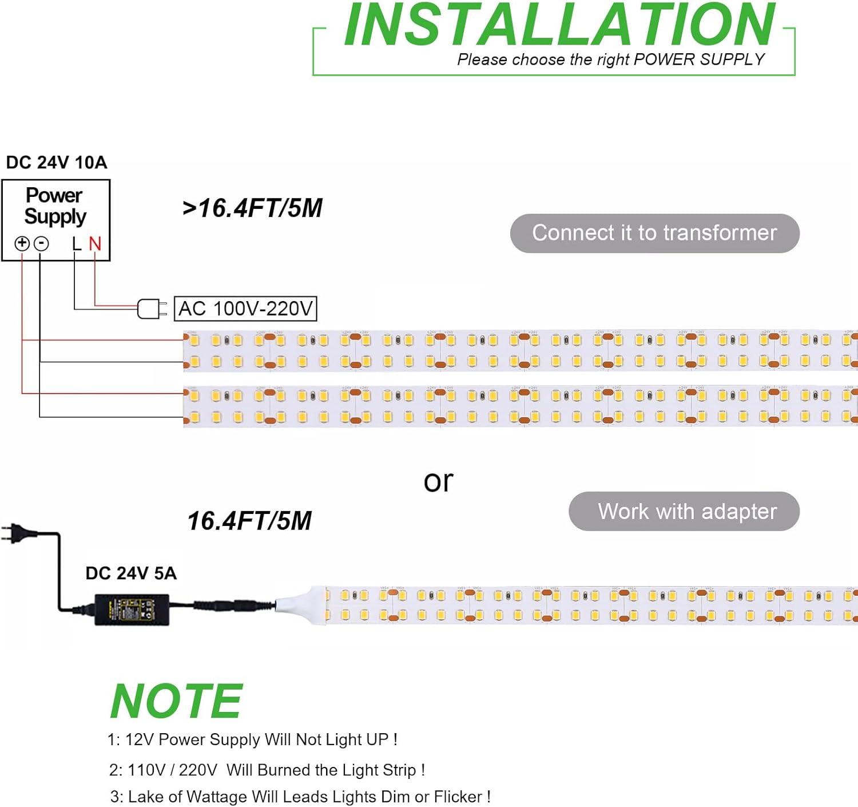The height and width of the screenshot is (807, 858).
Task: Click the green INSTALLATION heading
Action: (x=559, y=26)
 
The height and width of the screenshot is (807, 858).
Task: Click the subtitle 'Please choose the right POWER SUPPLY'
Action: (x=610, y=60)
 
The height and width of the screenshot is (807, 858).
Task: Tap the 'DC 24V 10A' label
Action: (x=57, y=163)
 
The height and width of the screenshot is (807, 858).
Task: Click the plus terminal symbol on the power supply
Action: (x=22, y=244)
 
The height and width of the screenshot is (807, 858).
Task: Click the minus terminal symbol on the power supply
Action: (x=41, y=244)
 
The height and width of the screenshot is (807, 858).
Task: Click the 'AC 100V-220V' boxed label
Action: (x=245, y=308)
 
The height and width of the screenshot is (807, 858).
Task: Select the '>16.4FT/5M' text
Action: (x=252, y=208)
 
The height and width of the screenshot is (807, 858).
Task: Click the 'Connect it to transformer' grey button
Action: (x=654, y=234)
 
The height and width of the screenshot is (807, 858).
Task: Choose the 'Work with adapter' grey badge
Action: (x=684, y=511)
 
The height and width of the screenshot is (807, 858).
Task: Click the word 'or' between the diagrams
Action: (x=438, y=481)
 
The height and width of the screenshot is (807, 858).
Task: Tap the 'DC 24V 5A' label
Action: (x=131, y=573)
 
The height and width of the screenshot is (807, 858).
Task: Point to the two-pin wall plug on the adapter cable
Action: (x=15, y=533)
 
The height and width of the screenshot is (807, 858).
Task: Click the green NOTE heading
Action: (x=176, y=701)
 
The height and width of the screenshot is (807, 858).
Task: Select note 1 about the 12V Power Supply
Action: (x=252, y=739)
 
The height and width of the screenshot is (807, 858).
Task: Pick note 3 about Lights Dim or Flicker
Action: (x=300, y=797)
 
